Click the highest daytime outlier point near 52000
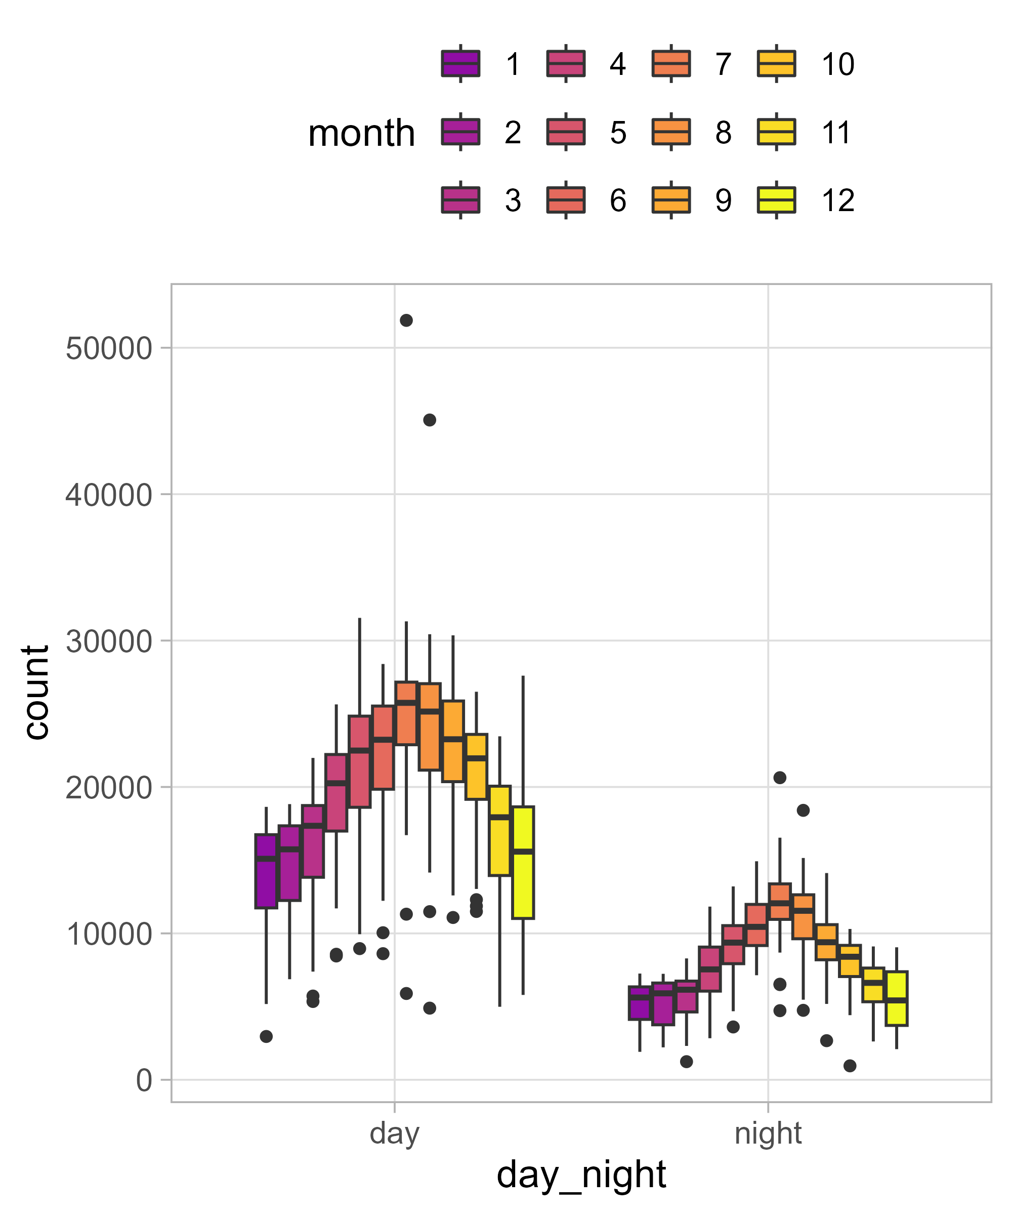(x=406, y=320)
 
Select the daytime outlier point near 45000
(x=429, y=420)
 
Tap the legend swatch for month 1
(x=460, y=64)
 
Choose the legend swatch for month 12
(x=776, y=200)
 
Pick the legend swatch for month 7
(x=671, y=64)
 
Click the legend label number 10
(x=837, y=64)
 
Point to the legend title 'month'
(x=361, y=133)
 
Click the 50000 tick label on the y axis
(x=108, y=349)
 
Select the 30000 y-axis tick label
(x=108, y=641)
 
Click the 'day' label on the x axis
(x=394, y=1133)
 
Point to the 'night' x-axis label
(x=768, y=1133)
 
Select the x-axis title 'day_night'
(x=581, y=1174)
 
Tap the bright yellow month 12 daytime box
(x=523, y=862)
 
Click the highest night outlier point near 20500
(x=780, y=778)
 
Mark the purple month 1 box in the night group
(x=640, y=1003)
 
